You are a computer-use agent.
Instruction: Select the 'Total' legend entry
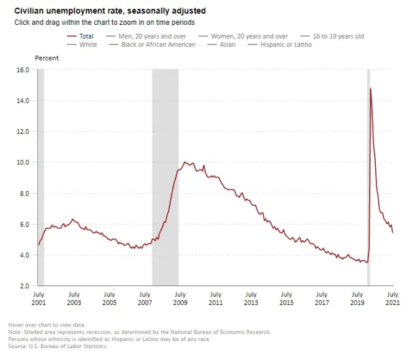tap(86, 35)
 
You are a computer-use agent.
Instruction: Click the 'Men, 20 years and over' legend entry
tap(152, 35)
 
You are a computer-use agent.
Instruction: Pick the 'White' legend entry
tap(88, 45)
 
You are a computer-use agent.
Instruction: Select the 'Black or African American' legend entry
tap(158, 45)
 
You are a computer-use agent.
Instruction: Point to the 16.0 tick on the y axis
tap(22, 69)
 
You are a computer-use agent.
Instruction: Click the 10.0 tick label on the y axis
tap(22, 162)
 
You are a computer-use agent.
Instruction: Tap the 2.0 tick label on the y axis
tap(24, 286)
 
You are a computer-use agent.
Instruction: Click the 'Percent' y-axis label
tap(46, 58)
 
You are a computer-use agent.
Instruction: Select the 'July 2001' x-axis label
tap(38, 299)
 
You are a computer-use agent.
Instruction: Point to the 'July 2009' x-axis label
tap(180, 299)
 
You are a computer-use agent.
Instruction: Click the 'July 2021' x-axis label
tap(393, 299)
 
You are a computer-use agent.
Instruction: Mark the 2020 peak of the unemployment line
tap(371, 88)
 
